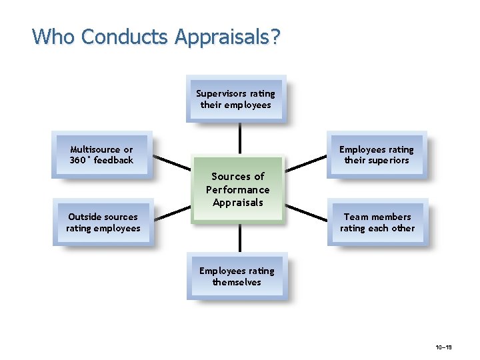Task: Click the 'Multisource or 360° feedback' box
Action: tap(102, 155)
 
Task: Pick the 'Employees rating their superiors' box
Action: tap(377, 155)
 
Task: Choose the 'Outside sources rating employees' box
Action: tap(103, 222)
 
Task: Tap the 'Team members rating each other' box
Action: tap(377, 222)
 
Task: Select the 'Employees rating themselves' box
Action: tap(237, 276)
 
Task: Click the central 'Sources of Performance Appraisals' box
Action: tap(238, 189)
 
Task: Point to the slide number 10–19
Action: tap(444, 347)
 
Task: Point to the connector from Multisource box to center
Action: tap(171, 163)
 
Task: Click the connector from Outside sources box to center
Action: tap(172, 213)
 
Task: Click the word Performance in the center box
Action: tap(238, 189)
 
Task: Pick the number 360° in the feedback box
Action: tap(81, 161)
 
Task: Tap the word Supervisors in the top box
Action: tap(221, 93)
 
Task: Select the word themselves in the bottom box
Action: tap(237, 282)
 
